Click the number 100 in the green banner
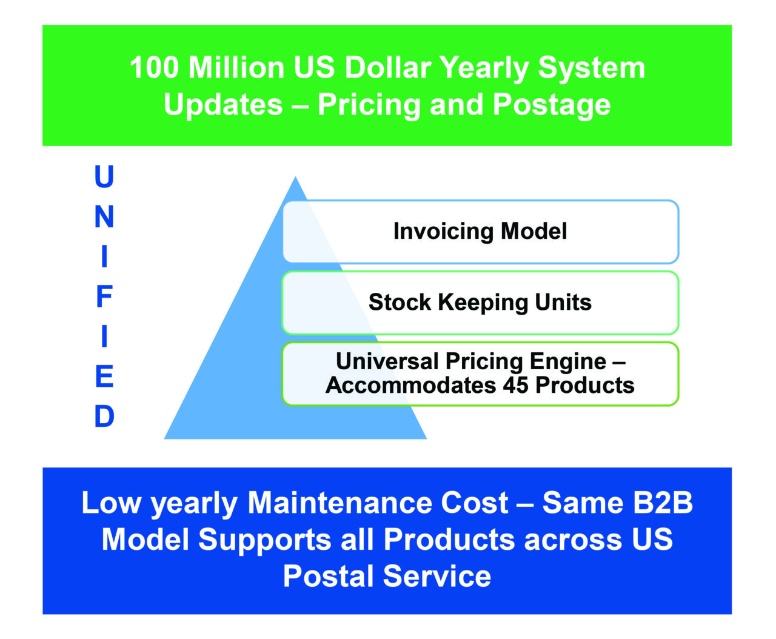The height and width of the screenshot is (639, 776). tap(155, 67)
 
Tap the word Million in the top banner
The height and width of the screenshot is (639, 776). tap(236, 67)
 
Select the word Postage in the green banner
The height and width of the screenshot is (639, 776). tap(552, 106)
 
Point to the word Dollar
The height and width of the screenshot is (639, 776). tap(387, 67)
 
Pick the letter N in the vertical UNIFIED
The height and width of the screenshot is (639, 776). tap(104, 216)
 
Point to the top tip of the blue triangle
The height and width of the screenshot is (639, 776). tap(295, 176)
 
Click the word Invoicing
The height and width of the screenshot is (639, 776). tap(443, 232)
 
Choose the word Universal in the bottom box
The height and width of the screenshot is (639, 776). tap(387, 361)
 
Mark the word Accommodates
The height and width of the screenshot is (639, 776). tap(410, 385)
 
